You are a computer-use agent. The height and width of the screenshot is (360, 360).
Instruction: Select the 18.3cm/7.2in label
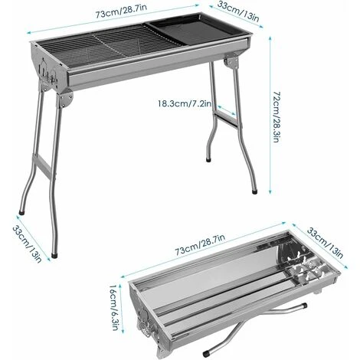coord(185,102)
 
